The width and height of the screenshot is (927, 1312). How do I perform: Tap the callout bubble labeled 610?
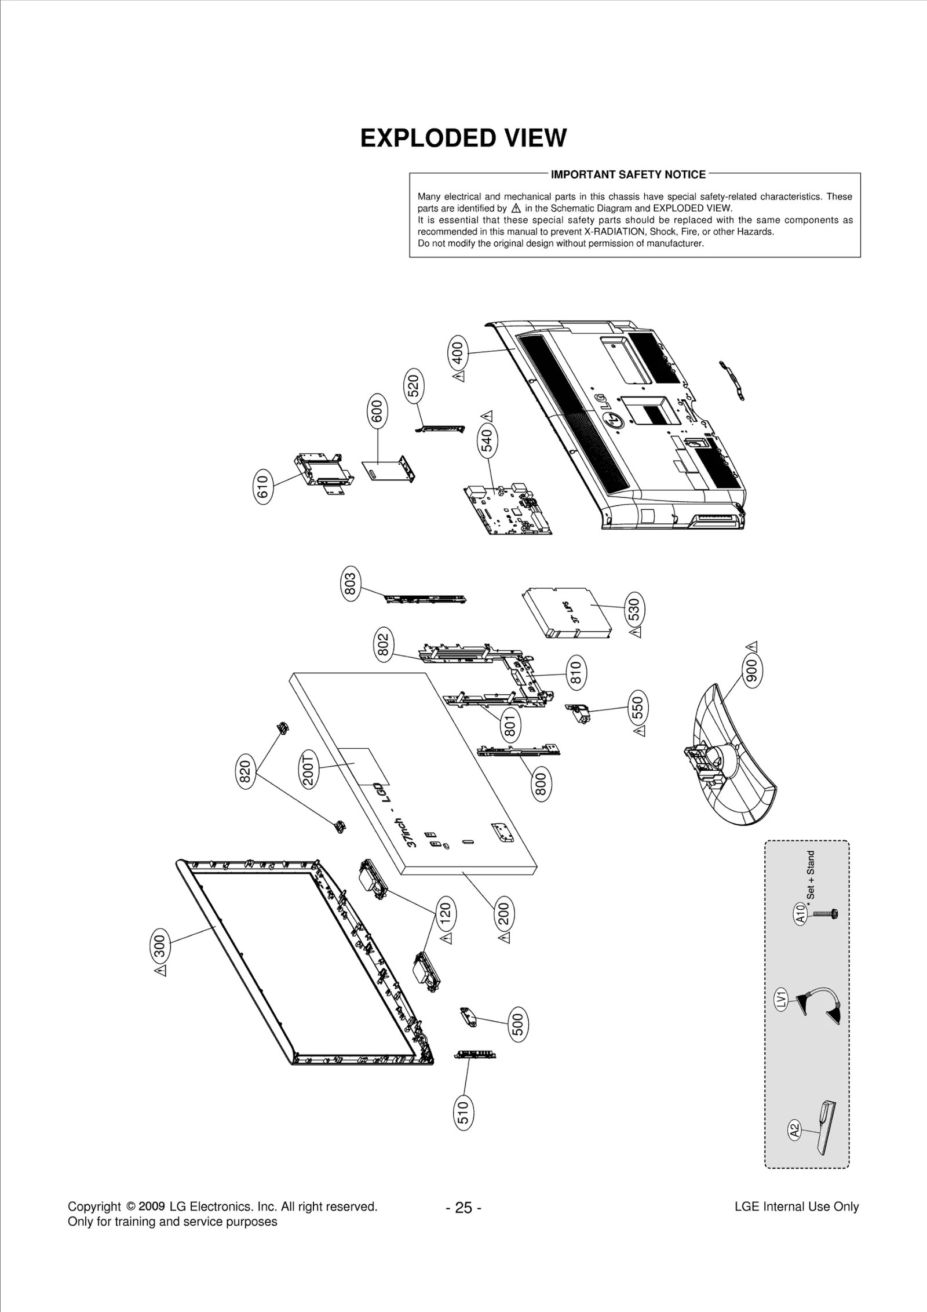click(x=263, y=487)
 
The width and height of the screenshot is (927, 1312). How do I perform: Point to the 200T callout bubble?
click(x=308, y=768)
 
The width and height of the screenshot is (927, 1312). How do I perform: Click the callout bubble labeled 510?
click(x=463, y=1130)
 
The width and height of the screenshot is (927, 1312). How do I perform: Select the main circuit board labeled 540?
click(x=507, y=511)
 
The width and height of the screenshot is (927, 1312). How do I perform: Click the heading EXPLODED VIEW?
click(x=463, y=139)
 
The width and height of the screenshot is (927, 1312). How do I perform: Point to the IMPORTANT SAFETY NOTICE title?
click(x=628, y=174)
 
